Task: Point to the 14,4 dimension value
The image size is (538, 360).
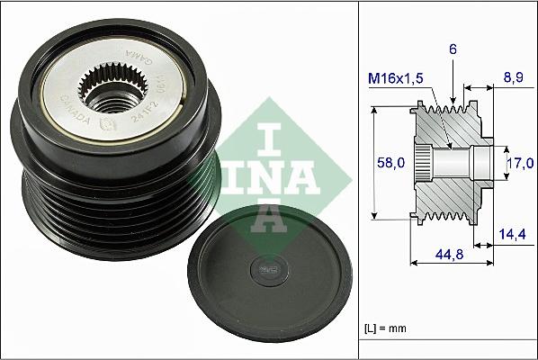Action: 513,234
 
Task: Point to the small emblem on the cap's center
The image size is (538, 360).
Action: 267,267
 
